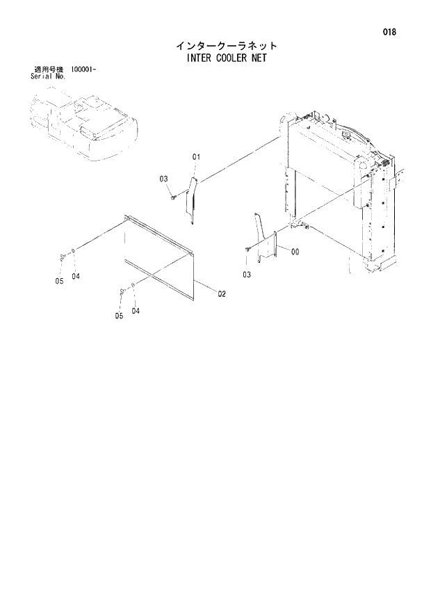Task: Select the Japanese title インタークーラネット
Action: tap(227, 46)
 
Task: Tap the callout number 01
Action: tap(196, 158)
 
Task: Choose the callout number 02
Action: tap(222, 294)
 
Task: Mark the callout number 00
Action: tap(295, 252)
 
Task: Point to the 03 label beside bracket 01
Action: tap(164, 179)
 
